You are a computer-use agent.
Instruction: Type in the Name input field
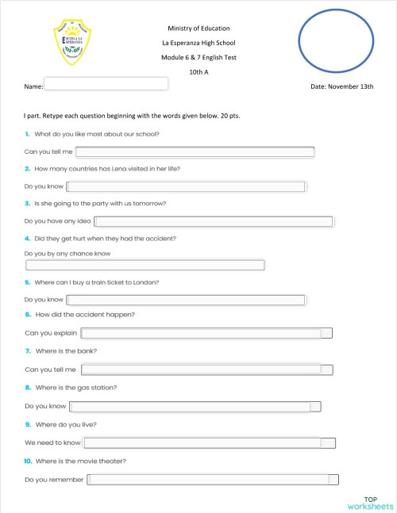[106, 84]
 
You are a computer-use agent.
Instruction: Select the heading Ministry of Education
[198, 29]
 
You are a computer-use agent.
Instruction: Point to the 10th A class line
[198, 71]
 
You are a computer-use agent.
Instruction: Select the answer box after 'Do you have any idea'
[213, 221]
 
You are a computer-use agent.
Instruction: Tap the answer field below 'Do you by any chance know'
[145, 265]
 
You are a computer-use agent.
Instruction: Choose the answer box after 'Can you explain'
[206, 333]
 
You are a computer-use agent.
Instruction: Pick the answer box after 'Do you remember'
[213, 479]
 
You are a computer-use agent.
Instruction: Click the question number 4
[28, 239]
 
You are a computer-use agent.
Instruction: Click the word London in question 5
[148, 282]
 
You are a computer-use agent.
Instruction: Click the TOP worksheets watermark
[370, 501]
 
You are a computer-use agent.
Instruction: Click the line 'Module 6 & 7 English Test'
[198, 57]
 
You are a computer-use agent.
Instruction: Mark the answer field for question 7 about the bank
[206, 369]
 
